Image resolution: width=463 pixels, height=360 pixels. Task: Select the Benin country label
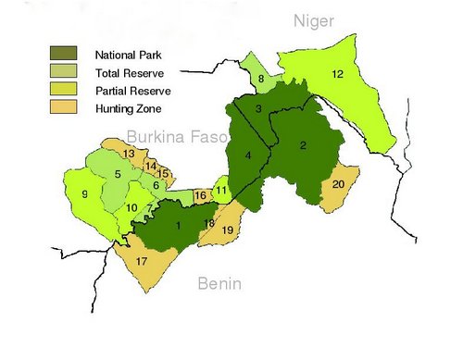coord(219,284)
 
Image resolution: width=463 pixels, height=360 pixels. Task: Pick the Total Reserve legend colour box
coord(66,71)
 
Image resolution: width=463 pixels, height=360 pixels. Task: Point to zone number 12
coord(338,74)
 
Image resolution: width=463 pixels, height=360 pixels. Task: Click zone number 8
coord(261,80)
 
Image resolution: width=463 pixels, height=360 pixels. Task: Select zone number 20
coord(339,184)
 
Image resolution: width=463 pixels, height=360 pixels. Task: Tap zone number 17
coord(142,262)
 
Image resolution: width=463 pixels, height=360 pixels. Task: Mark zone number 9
coord(84,193)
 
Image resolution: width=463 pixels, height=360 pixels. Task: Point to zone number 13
coord(129,153)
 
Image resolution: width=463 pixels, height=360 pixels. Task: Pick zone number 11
coord(221,191)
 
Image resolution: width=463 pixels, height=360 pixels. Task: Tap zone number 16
coord(200,196)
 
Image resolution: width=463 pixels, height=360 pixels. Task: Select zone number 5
coord(118,174)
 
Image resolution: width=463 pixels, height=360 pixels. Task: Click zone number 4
coord(247,155)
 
